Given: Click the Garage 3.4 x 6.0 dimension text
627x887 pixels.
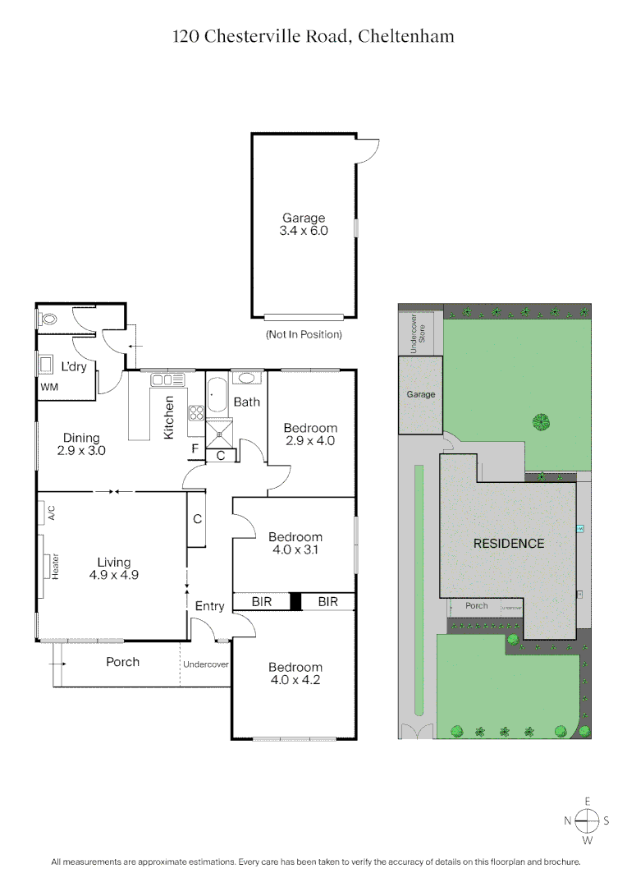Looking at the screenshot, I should (304, 231).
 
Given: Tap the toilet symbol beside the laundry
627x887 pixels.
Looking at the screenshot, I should (49, 320).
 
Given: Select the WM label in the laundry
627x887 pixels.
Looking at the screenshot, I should (48, 385).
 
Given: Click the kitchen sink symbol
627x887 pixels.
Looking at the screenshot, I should (165, 379).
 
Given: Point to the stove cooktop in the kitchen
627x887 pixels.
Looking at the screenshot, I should (196, 414).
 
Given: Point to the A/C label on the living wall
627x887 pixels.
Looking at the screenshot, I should (51, 515).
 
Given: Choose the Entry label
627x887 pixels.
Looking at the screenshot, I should (209, 606).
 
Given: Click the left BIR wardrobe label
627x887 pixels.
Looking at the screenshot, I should (262, 602).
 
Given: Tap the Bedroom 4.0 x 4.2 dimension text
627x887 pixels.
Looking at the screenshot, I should (295, 679).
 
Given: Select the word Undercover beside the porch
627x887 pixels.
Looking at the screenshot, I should (205, 664).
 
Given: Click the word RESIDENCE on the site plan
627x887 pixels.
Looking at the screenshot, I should (508, 543).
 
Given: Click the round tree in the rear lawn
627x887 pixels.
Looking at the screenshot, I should (541, 422).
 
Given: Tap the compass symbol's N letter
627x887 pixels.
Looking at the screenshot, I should (568, 820).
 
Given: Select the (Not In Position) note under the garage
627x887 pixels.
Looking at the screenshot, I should (304, 334).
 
